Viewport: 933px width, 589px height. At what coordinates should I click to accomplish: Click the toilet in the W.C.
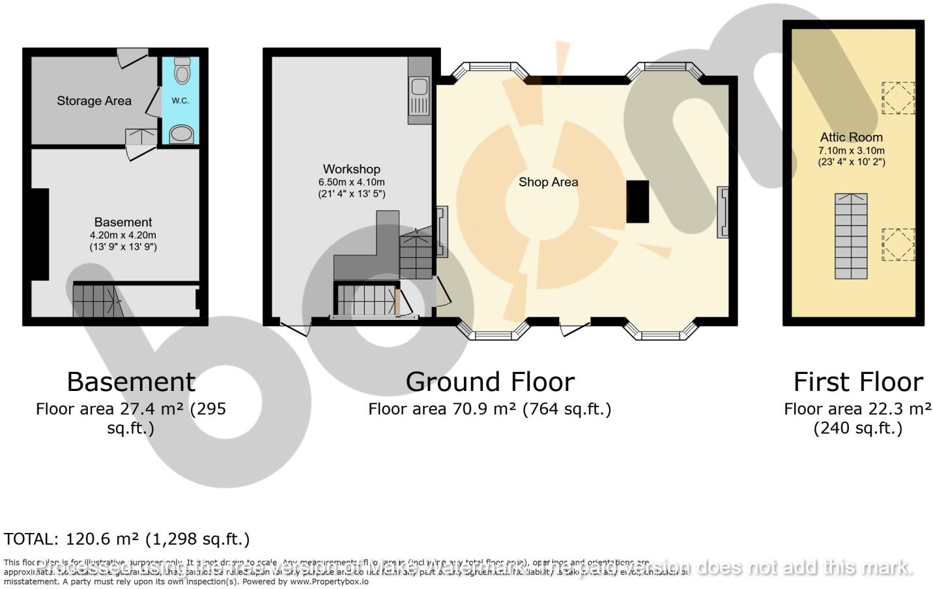(182, 70)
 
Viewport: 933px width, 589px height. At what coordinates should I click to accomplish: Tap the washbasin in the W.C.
(182, 134)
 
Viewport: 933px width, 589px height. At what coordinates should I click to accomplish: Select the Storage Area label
(94, 101)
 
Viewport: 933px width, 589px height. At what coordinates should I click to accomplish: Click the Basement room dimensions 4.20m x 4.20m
(123, 235)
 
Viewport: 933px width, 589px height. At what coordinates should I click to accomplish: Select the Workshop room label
(351, 169)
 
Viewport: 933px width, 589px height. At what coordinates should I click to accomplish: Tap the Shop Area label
(548, 182)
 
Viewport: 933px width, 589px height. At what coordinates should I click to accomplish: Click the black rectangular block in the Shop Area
(637, 202)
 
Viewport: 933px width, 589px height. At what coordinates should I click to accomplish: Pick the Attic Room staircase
(851, 236)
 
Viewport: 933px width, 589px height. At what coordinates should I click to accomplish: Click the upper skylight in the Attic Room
(898, 98)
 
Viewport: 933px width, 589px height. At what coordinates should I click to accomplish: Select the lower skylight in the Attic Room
(898, 245)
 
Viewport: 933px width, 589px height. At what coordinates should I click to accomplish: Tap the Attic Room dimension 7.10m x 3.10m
(851, 151)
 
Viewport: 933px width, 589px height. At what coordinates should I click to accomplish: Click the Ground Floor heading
(490, 382)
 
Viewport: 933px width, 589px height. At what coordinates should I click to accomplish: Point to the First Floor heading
(857, 382)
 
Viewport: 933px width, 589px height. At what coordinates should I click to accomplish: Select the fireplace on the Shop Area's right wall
(724, 212)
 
